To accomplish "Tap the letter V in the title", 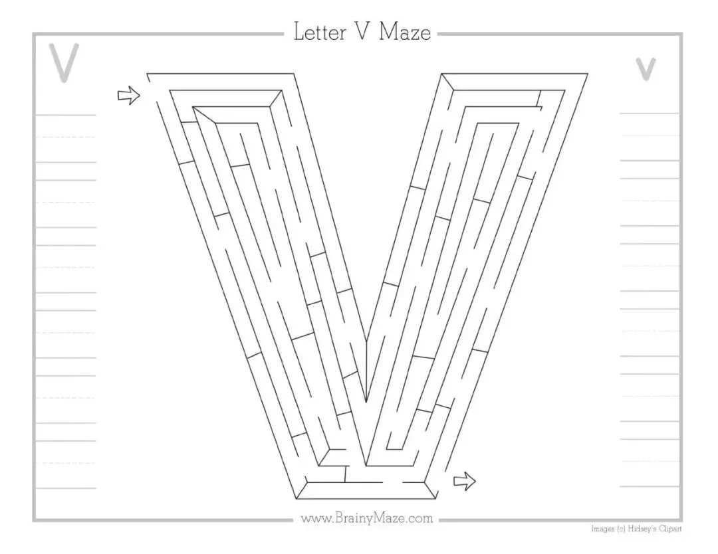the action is point(364,33).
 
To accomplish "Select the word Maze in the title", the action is point(405,33).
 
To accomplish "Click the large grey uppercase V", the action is point(64,63).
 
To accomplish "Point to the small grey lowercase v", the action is point(646,69).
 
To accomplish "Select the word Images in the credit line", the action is point(603,529).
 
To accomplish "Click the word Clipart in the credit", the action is point(670,529).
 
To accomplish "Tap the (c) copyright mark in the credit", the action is point(620,529).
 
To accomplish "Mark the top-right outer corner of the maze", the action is point(588,74).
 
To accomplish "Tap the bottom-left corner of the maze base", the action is point(297,498).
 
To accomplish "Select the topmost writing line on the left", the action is point(65,115).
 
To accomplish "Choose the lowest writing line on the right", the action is point(650,487).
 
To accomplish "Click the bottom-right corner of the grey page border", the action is point(681,520).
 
